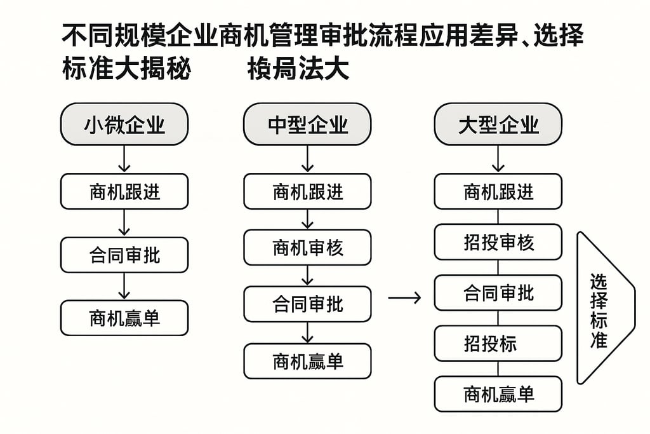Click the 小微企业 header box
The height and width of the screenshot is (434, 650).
[124, 125]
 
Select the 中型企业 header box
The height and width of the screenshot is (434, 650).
[307, 125]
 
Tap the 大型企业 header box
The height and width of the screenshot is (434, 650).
[498, 125]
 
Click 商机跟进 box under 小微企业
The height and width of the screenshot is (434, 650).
[124, 191]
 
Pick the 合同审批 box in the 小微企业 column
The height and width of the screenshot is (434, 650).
[124, 255]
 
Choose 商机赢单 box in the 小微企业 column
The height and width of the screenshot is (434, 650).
[124, 318]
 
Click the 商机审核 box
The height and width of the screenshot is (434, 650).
[307, 247]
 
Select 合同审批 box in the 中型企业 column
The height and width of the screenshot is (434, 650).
[307, 304]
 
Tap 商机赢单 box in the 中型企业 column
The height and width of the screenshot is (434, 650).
[307, 361]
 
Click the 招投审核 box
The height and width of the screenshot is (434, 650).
[498, 242]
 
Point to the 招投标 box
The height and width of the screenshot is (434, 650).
[498, 344]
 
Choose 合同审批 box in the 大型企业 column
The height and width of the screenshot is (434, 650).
[498, 293]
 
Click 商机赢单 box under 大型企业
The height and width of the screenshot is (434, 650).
[498, 394]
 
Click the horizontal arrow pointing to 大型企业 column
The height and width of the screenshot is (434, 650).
[404, 297]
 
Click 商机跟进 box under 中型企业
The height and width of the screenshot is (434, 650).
[307, 191]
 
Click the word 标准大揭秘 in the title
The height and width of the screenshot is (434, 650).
[126, 70]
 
